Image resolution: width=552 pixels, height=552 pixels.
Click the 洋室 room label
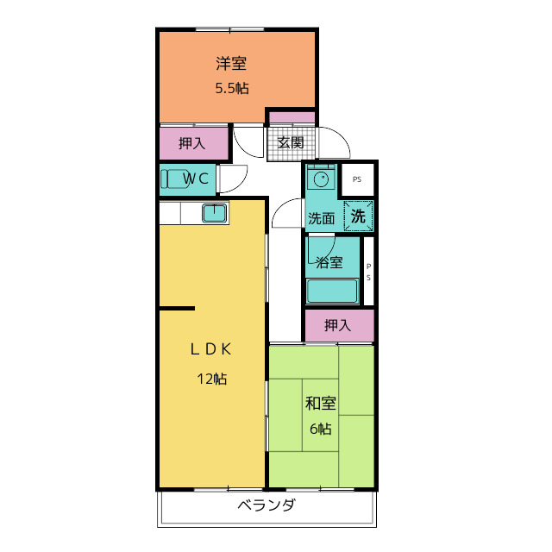coord(231,64)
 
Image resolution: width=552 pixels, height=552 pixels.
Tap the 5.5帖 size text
coord(231,87)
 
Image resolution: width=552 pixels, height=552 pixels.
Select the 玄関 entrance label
coord(290,143)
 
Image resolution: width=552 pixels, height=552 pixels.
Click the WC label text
coord(198,179)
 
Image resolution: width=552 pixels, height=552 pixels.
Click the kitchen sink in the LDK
coord(214,213)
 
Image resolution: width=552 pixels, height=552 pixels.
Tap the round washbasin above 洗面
coord(322,180)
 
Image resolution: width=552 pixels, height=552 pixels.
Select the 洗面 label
coord(321,219)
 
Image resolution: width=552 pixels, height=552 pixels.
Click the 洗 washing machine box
coord(359,216)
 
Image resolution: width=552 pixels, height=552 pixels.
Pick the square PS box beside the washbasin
coord(357,179)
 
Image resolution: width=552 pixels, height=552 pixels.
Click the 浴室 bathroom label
coord(329,262)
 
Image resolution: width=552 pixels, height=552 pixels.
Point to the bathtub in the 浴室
coord(332,291)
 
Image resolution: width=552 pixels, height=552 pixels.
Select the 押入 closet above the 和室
coord(338,325)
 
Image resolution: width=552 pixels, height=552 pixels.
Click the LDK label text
coord(210,349)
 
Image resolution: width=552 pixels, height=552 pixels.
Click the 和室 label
coord(320,404)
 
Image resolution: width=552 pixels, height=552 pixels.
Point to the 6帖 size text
coord(320,429)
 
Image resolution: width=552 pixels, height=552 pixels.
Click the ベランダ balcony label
coord(266,506)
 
